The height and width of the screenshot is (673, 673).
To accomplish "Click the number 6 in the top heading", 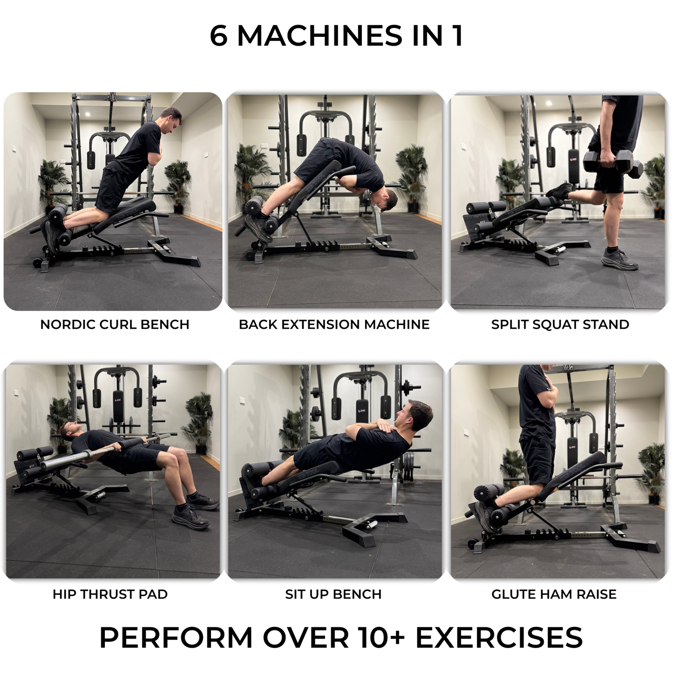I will pyautogui.click(x=218, y=36).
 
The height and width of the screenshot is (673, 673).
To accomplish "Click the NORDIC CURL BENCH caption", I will pyautogui.click(x=115, y=325).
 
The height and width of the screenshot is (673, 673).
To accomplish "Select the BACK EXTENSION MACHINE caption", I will pyautogui.click(x=334, y=325).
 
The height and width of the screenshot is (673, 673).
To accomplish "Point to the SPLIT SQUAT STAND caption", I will pyautogui.click(x=560, y=325).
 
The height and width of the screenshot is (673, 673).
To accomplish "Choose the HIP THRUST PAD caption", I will pyautogui.click(x=110, y=594).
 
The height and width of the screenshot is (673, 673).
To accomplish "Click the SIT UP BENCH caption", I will pyautogui.click(x=333, y=594).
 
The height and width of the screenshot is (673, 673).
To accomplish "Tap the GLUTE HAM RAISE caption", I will pyautogui.click(x=554, y=594).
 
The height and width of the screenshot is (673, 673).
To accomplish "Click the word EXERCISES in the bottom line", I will pyautogui.click(x=499, y=638).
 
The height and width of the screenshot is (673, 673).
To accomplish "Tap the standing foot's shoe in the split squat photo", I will pyautogui.click(x=619, y=260).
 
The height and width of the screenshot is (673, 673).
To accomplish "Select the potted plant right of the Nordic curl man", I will pyautogui.click(x=177, y=184).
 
